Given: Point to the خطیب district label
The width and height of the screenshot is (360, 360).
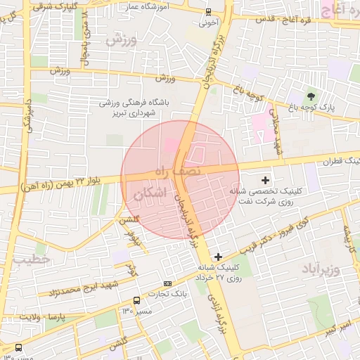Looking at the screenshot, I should pyautogui.click(x=32, y=259).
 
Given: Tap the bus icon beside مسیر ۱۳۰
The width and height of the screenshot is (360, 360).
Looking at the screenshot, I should pyautogui.click(x=18, y=347).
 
